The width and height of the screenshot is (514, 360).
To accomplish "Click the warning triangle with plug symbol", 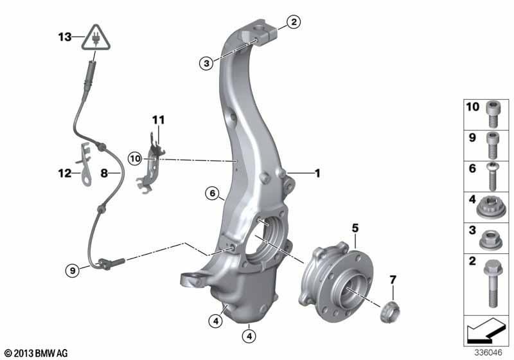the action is coord(96,39).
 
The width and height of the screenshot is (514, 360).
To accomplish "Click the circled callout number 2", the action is coord(294,22).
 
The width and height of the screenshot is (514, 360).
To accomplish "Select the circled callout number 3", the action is coord(206,63).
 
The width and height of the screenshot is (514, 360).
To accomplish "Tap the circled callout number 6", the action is coord(213,194).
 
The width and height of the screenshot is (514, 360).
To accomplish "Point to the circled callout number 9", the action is coord(73,271).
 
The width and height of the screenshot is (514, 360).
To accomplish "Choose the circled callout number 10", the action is coord(135,159).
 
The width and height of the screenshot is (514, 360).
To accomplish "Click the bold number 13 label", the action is coord(65,37).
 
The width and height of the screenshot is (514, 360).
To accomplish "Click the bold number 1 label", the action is coord(317,173).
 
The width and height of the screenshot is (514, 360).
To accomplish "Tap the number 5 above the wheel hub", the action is coord(355,228).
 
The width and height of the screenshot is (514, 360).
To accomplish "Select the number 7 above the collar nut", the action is coord(393,280).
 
